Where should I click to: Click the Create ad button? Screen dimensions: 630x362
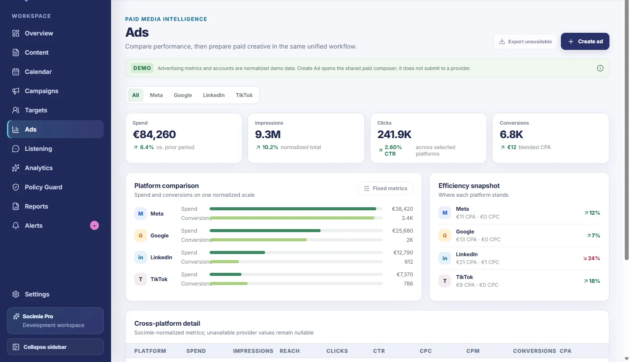click(584, 41)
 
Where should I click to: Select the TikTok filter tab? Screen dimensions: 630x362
click(244, 95)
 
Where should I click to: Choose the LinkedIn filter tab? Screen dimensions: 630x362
click(213, 95)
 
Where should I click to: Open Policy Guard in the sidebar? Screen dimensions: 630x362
click(43, 187)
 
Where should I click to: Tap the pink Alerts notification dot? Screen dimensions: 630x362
click(94, 226)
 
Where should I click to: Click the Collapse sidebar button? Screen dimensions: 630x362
click(55, 347)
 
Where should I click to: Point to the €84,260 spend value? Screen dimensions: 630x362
click(154, 134)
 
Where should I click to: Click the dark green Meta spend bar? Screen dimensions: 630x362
click(293, 209)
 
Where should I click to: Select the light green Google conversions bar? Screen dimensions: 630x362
click(258, 240)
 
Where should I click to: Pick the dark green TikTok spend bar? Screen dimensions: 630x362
click(225, 274)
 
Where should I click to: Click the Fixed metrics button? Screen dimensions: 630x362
click(385, 188)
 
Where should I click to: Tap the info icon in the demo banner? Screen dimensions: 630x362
click(600, 68)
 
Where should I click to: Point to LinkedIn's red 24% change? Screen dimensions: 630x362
click(591, 258)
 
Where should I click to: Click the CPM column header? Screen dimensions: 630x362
click(473, 351)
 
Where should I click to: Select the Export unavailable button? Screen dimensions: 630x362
click(525, 42)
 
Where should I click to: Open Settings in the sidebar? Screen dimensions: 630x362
click(37, 294)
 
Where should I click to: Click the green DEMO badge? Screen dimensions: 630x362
click(142, 68)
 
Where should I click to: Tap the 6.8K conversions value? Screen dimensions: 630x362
click(511, 134)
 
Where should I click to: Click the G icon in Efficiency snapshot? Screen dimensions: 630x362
click(444, 235)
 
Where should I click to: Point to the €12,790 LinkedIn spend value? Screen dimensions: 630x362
click(403, 252)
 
